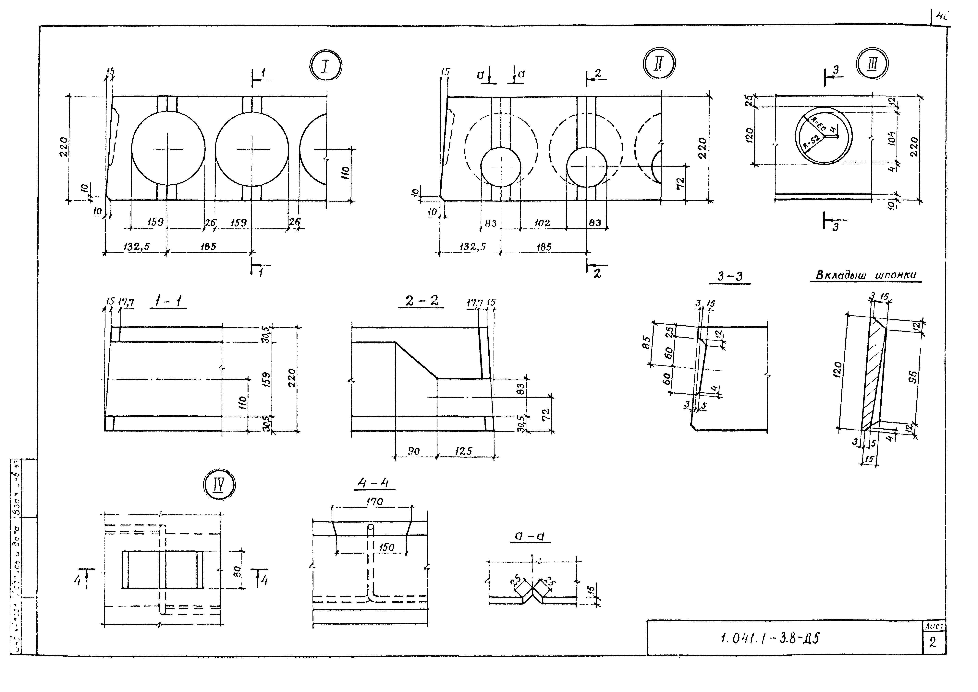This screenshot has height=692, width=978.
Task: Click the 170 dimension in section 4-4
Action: (x=374, y=502)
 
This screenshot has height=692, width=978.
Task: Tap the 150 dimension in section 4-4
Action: (x=386, y=547)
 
